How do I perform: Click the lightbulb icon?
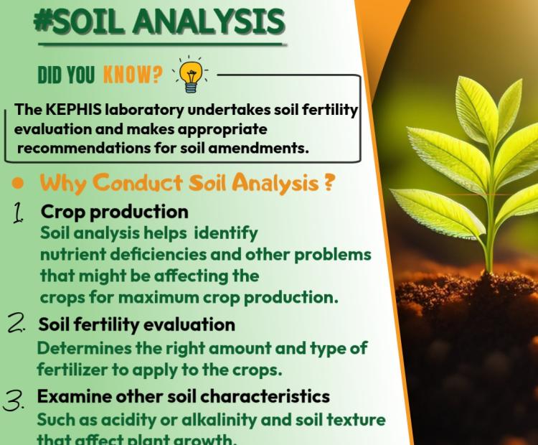click(189, 75)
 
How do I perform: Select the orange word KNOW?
click(133, 75)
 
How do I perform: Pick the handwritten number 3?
click(16, 400)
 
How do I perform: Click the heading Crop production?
click(114, 212)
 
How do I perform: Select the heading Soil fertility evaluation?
click(136, 324)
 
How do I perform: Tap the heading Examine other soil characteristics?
click(183, 396)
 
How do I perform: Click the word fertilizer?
click(72, 369)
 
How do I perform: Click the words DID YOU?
click(65, 75)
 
